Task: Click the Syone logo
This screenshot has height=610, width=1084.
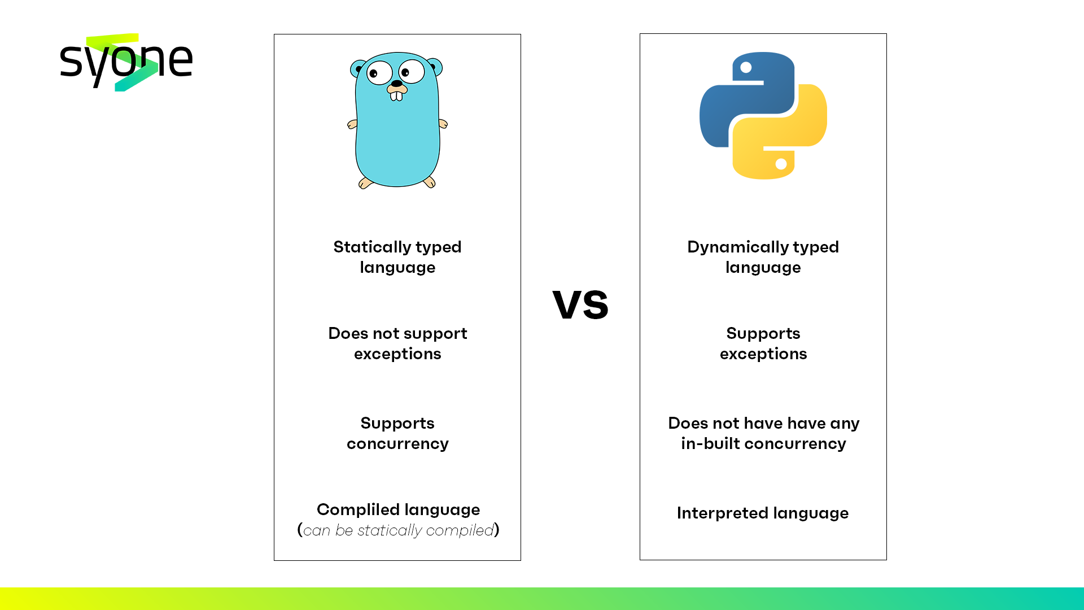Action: click(x=126, y=62)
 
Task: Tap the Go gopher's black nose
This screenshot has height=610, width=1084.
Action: click(x=396, y=84)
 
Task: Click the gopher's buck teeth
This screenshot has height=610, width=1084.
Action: click(x=396, y=96)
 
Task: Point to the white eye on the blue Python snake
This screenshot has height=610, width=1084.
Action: click(x=746, y=68)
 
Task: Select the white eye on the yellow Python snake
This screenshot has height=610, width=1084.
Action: click(x=781, y=164)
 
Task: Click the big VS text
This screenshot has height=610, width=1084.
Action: click(x=580, y=304)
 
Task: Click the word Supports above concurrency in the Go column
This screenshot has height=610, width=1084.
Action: click(x=397, y=424)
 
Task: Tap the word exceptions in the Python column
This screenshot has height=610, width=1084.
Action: click(x=763, y=354)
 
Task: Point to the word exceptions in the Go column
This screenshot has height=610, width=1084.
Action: click(x=397, y=354)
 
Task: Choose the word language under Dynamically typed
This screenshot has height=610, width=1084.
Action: click(x=763, y=268)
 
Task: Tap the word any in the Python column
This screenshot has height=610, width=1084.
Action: click(x=845, y=424)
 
